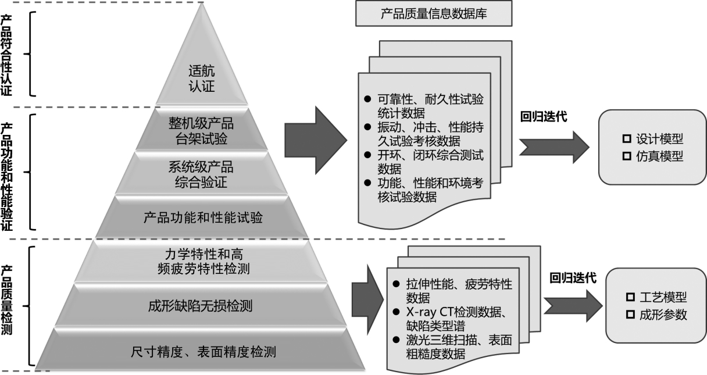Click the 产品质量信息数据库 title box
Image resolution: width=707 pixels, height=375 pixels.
pos(434,13)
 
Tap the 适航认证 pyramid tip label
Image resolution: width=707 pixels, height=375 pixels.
pos(202,78)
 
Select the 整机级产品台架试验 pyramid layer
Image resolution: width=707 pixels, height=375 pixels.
pos(201,129)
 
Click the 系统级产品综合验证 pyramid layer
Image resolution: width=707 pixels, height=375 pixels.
pos(201,173)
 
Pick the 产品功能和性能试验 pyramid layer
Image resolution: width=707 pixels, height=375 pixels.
pos(202,217)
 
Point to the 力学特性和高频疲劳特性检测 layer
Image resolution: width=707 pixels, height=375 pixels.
pos(201,262)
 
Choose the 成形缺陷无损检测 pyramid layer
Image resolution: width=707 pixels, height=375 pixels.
pos(201,305)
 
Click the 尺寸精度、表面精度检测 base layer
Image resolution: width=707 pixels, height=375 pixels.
pos(200,350)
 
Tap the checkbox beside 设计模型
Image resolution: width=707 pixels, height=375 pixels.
pos(627,138)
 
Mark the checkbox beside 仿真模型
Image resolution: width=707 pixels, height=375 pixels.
pos(627,156)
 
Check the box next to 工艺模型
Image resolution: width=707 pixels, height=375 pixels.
pos(630,297)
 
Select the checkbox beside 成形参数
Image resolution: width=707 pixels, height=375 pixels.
pos(630,315)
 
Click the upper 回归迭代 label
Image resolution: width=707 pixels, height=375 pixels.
pos(544,116)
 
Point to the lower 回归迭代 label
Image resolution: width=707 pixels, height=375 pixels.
pos(573,278)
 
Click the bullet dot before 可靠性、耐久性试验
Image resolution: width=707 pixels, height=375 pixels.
pos(367,99)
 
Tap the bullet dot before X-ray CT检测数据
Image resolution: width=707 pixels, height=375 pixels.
pos(396,312)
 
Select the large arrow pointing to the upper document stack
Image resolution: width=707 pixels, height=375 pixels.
pos(316,140)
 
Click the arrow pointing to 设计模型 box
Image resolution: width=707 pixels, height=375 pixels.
pos(554,148)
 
